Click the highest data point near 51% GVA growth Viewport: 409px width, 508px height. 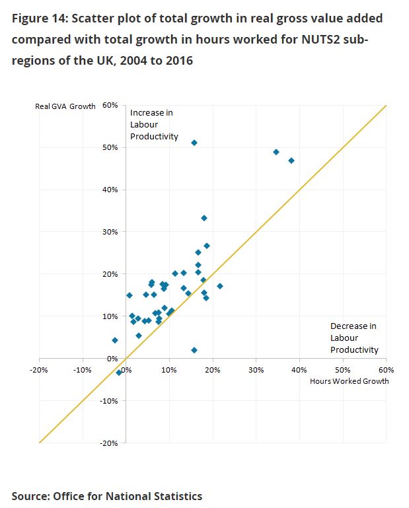pos(194,143)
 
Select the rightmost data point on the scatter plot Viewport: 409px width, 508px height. pos(291,161)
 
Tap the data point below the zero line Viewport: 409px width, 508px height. pos(119,373)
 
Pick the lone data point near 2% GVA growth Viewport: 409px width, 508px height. pos(194,350)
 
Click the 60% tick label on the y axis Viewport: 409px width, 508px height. pos(110,105)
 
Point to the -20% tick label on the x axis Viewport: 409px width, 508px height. pos(38,369)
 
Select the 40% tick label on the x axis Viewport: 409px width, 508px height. pos(299,369)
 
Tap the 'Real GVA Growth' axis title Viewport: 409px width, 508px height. pos(65,106)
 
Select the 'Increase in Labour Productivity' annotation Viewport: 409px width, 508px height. pos(154,125)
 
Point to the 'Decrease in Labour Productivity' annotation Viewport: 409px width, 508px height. pos(354,338)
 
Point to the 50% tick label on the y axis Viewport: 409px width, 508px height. pos(110,147)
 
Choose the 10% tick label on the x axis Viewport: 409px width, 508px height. pos(168,369)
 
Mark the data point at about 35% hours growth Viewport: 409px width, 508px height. pos(276,152)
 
